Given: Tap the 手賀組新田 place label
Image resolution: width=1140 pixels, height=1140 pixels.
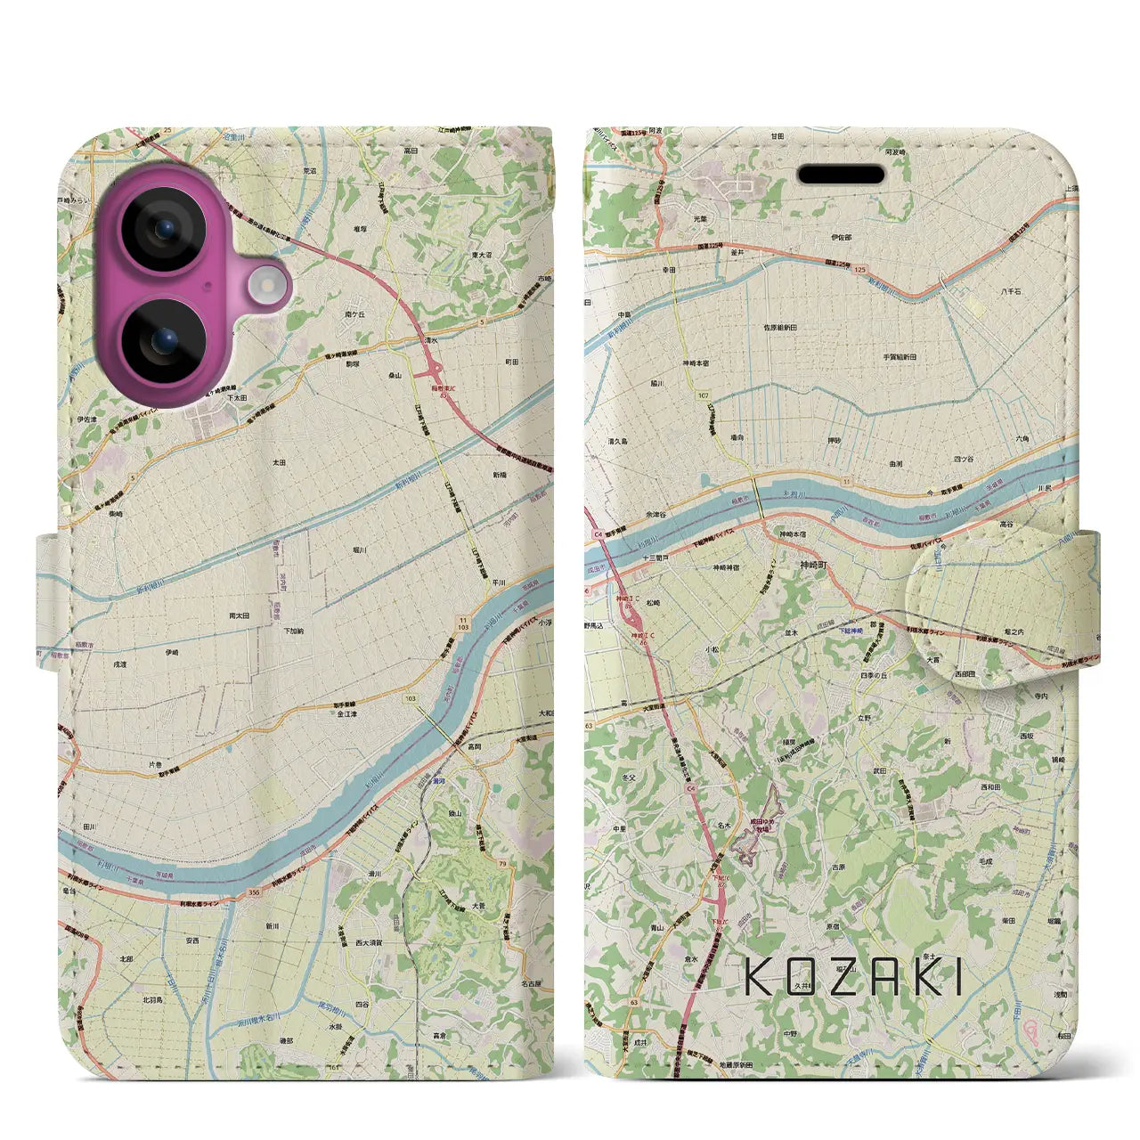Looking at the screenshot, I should click(x=900, y=356).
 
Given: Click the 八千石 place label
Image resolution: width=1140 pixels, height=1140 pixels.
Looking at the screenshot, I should click(x=1009, y=291).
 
